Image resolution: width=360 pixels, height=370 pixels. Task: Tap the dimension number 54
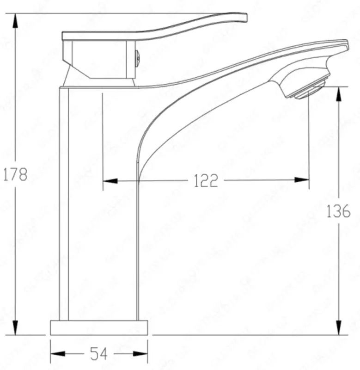coord(98,354)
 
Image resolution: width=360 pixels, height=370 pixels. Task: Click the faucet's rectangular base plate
coord(99,327)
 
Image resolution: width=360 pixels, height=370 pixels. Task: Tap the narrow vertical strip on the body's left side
coord(64,203)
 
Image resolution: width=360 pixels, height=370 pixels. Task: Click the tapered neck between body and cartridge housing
coord(99,81)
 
